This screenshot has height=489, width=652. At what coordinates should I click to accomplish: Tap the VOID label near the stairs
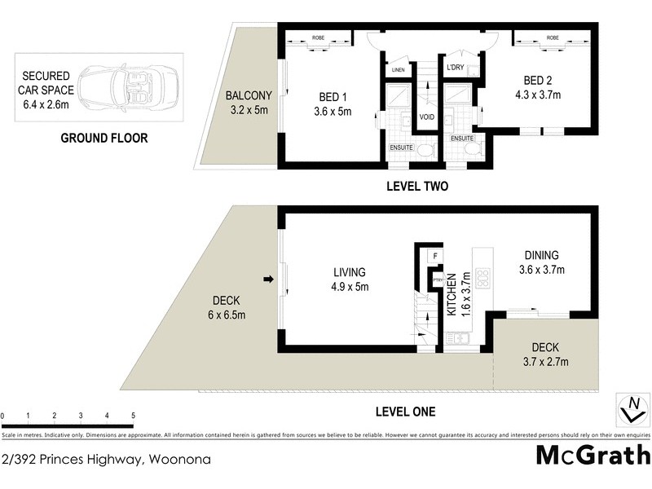pyautogui.click(x=427, y=117)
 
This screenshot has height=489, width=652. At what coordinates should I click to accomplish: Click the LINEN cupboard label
pyautogui.click(x=398, y=69)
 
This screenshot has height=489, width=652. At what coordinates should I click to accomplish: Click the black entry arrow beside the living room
pyautogui.click(x=267, y=280)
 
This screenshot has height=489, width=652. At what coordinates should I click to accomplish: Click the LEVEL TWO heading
pyautogui.click(x=416, y=187)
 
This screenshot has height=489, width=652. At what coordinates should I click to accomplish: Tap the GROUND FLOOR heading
pyautogui.click(x=104, y=139)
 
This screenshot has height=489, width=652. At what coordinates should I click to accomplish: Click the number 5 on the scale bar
pyautogui.click(x=132, y=416)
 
